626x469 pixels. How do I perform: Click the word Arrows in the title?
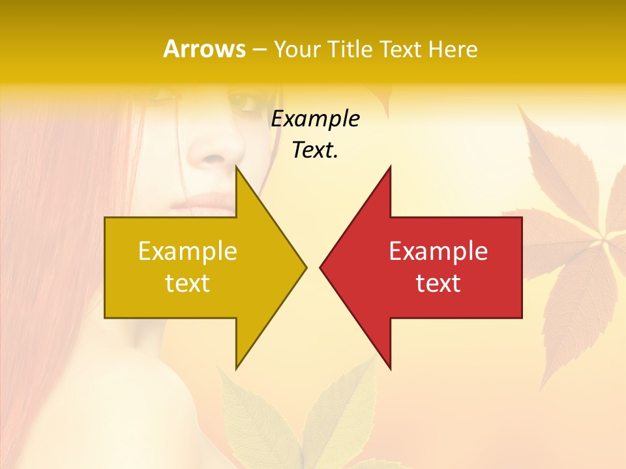tap(204, 49)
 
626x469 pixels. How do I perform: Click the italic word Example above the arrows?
tap(315, 119)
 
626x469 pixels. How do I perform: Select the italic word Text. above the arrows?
tap(315, 150)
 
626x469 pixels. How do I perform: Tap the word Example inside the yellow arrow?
tap(188, 251)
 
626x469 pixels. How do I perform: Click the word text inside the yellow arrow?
tap(188, 283)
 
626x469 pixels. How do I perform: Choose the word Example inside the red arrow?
tap(438, 251)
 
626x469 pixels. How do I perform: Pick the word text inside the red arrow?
tap(438, 283)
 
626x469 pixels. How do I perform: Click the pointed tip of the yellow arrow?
tap(306, 266)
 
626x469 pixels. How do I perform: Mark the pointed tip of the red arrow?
tap(321, 266)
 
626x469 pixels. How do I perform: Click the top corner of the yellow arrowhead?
tap(237, 167)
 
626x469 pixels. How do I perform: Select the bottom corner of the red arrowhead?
tap(390, 368)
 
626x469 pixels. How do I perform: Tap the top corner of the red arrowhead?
tap(390, 167)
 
